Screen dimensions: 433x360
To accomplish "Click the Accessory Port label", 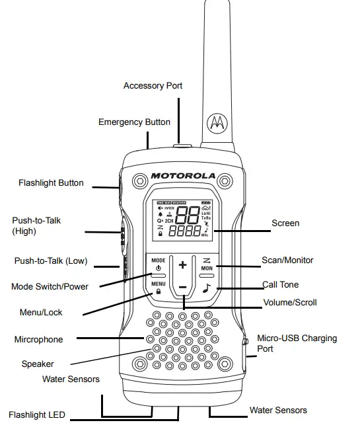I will pyautogui.click(x=153, y=86).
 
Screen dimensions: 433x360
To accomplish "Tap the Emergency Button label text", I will pyautogui.click(x=134, y=122).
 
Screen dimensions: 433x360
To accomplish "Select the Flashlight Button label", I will pyautogui.click(x=51, y=182).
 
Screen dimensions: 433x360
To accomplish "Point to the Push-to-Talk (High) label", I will pyautogui.click(x=37, y=226).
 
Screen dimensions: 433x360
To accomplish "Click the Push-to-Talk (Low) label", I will pyautogui.click(x=51, y=261).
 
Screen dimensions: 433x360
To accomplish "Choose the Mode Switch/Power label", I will pyautogui.click(x=50, y=287).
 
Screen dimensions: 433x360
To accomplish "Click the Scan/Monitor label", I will pyautogui.click(x=287, y=260).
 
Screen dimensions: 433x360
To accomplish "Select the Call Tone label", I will pyautogui.click(x=280, y=285).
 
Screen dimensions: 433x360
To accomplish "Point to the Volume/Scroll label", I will pyautogui.click(x=290, y=303).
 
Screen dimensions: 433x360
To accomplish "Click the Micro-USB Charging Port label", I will pyautogui.click(x=296, y=343).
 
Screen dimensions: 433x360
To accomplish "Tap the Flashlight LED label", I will pyautogui.click(x=37, y=415).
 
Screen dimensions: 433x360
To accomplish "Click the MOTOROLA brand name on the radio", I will pyautogui.click(x=183, y=176).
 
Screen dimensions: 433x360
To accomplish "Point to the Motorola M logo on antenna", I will pyautogui.click(x=217, y=123).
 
